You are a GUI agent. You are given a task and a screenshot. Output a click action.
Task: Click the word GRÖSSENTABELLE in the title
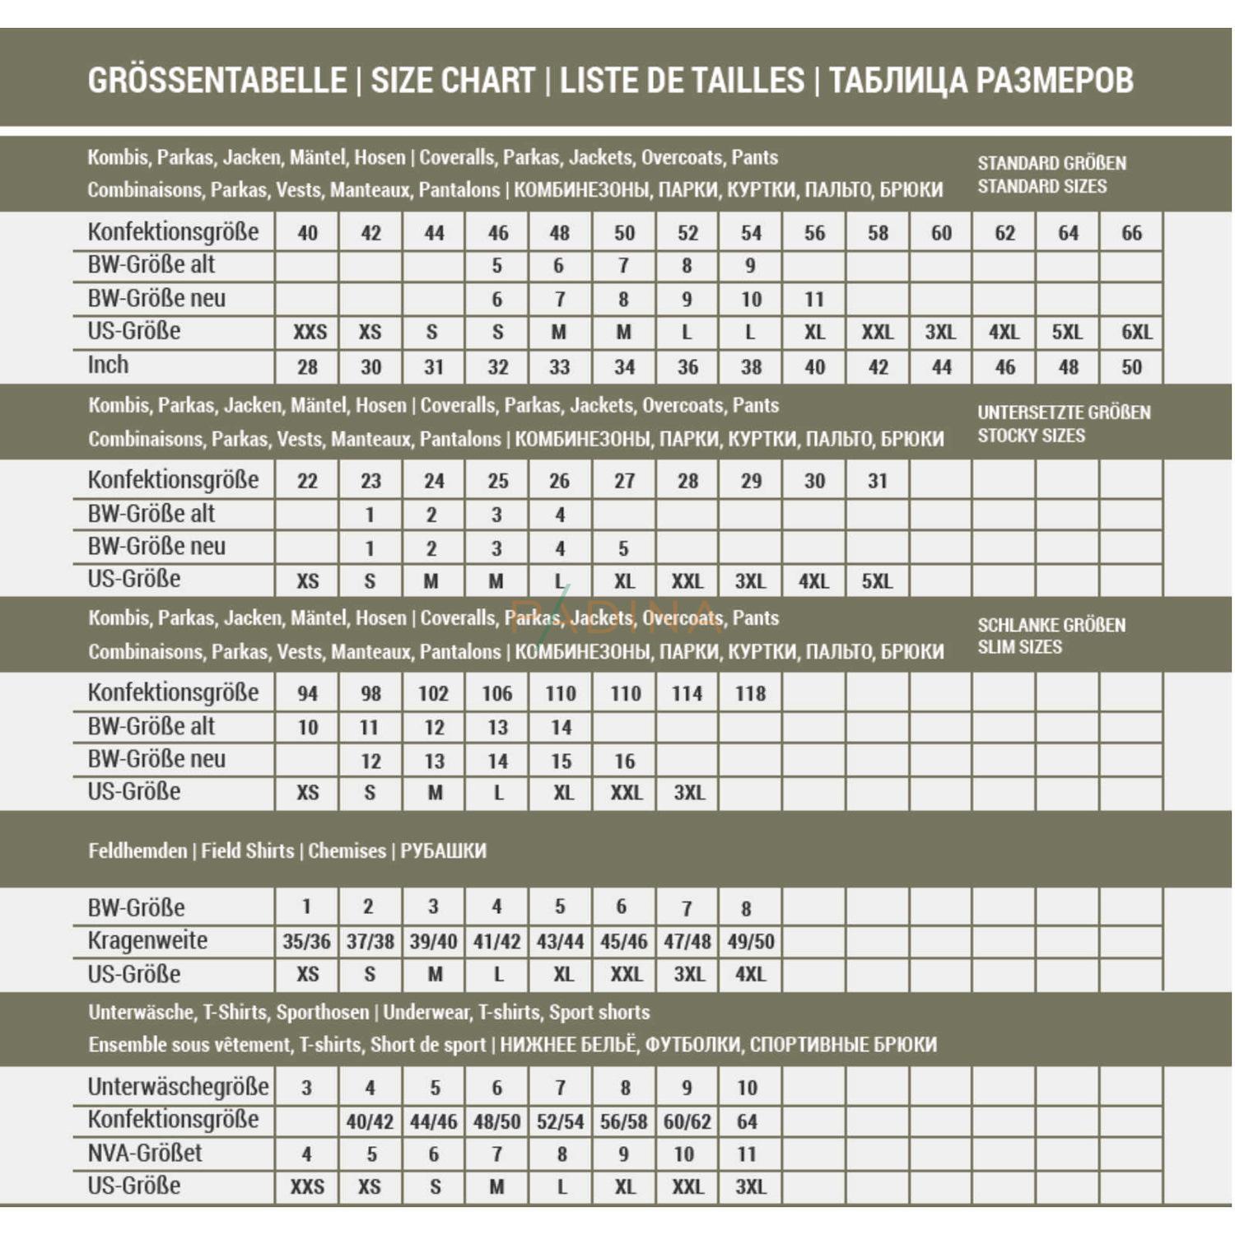(x=217, y=81)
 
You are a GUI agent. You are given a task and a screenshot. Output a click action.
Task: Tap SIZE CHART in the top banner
(x=453, y=81)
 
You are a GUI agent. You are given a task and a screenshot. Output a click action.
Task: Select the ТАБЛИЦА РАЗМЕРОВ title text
(x=981, y=81)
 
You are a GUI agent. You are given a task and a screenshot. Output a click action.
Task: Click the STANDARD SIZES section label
(x=1042, y=187)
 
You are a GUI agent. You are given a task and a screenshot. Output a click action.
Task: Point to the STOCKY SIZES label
(x=1031, y=436)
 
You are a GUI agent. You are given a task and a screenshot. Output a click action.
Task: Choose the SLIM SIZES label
(x=1019, y=647)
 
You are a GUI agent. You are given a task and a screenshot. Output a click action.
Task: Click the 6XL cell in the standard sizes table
(x=1136, y=333)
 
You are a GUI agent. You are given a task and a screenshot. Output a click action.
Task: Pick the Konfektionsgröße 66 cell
(x=1131, y=233)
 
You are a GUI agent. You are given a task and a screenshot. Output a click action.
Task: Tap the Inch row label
(x=108, y=365)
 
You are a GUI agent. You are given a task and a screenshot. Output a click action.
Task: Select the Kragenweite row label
(x=147, y=940)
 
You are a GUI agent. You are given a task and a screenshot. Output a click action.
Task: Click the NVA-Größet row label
(x=144, y=1153)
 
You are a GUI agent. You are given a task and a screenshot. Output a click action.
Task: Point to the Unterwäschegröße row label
(x=178, y=1087)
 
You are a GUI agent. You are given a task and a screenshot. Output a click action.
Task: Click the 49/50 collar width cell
(x=750, y=942)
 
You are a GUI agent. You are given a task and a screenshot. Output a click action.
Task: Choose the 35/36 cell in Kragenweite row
(x=306, y=942)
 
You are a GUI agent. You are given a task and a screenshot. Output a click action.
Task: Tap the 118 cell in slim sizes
(x=750, y=693)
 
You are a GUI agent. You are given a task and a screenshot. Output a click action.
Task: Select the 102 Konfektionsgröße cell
(x=433, y=693)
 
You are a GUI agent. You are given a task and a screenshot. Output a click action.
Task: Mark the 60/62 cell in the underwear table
(x=687, y=1121)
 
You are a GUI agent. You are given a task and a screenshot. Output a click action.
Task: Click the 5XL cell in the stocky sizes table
(x=877, y=581)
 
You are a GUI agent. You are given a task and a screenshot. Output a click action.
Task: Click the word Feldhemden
(x=137, y=851)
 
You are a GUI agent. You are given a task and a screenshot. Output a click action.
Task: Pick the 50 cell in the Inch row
(x=1131, y=367)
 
